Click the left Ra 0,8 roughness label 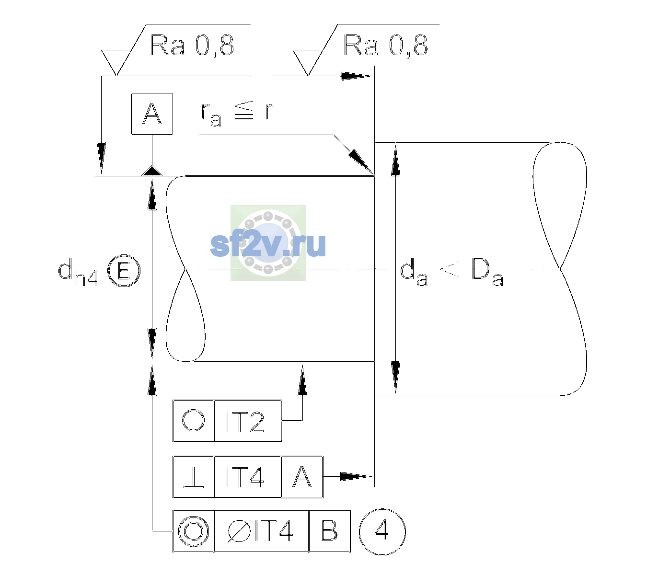(192, 46)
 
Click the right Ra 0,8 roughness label (385, 46)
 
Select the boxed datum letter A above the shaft (152, 114)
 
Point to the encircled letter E (124, 271)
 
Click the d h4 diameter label (78, 272)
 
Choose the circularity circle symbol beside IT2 (193, 420)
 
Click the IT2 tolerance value (244, 422)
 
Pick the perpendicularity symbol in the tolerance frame (194, 477)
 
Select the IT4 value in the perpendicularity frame (244, 477)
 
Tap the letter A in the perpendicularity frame (302, 477)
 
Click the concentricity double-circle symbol (194, 531)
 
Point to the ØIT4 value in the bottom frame (260, 531)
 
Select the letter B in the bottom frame (329, 531)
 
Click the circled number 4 (382, 531)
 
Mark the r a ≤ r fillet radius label (237, 114)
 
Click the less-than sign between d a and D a (450, 270)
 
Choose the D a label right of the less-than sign (487, 273)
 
